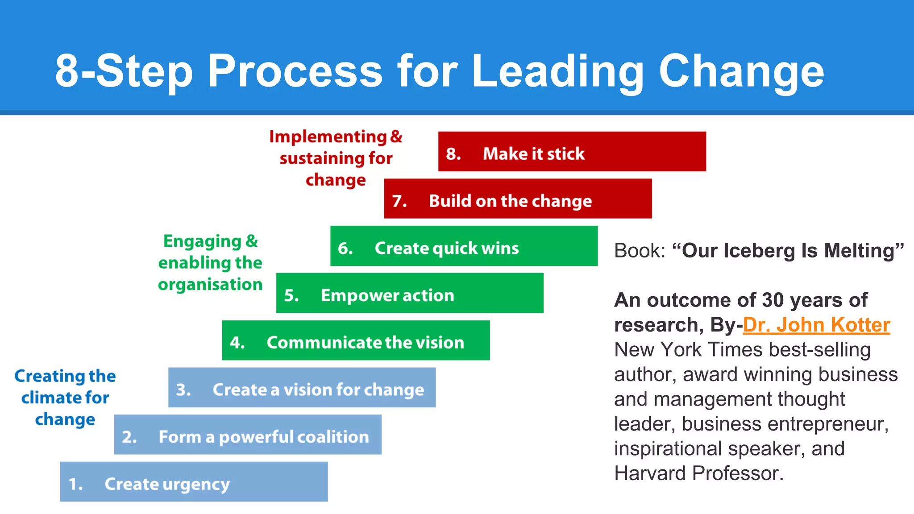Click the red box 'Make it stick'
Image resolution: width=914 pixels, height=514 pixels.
point(572,152)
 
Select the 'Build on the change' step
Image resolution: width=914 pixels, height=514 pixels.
point(518,199)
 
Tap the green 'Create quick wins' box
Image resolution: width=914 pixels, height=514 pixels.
point(464,246)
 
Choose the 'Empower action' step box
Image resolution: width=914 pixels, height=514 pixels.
point(410,293)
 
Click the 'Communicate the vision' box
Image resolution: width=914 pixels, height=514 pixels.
point(356,340)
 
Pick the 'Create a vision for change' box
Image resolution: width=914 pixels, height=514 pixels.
point(302,388)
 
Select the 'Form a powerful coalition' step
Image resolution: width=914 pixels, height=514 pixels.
point(248,435)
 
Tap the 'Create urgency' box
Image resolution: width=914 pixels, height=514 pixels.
point(194,482)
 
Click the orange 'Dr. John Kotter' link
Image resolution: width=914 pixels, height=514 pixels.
point(816,325)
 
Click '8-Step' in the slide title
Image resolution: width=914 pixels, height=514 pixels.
point(124,71)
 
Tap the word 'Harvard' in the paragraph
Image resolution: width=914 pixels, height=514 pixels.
point(650,473)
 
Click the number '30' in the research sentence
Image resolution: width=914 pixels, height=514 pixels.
point(773,300)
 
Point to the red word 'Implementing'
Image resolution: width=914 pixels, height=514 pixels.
point(328,137)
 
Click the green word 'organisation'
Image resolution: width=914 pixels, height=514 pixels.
point(210,284)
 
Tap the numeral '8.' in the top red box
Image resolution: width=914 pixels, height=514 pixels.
point(453,154)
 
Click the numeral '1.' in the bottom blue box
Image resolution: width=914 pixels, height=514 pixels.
point(75,484)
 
